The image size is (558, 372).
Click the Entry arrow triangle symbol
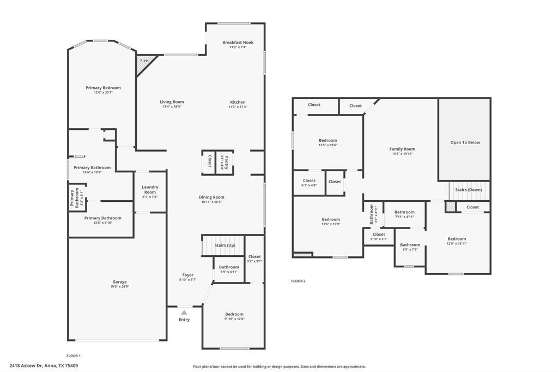point(184,313)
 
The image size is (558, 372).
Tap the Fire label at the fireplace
point(144,61)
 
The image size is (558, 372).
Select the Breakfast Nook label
point(238,43)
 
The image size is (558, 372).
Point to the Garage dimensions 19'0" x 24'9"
point(119,286)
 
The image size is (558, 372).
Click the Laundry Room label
point(150,189)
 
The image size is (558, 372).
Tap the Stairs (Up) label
point(225,245)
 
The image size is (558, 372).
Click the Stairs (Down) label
point(469,190)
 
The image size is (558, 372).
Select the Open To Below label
point(465,142)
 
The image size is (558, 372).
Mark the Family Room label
point(402,149)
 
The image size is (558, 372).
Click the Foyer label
point(187,275)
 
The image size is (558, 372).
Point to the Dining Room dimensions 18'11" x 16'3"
point(211,202)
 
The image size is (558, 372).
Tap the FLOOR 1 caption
point(74,356)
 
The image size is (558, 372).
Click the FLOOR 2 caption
point(298,281)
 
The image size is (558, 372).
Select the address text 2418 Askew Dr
point(28,365)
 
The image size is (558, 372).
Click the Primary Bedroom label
point(103,88)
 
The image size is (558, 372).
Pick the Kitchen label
point(238,102)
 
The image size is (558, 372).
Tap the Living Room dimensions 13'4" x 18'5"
point(172,107)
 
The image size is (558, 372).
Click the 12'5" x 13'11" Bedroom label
point(457,239)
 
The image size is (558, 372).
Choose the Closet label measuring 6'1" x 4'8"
point(309,181)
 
